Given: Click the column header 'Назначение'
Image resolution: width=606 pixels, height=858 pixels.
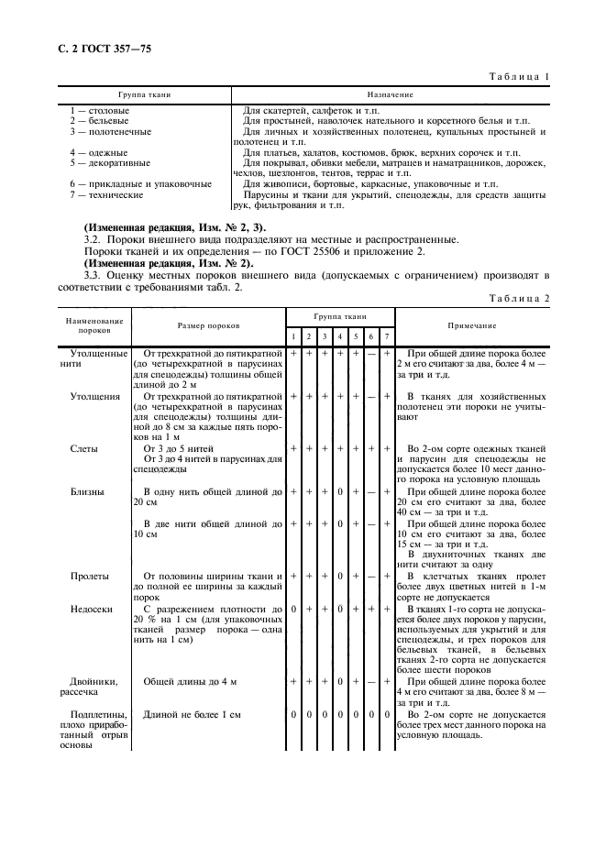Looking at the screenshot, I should [x=391, y=94].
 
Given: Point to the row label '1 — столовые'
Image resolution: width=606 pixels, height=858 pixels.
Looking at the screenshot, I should [x=100, y=111].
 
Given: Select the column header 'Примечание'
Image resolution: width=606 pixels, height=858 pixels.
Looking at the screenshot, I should [x=472, y=325].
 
